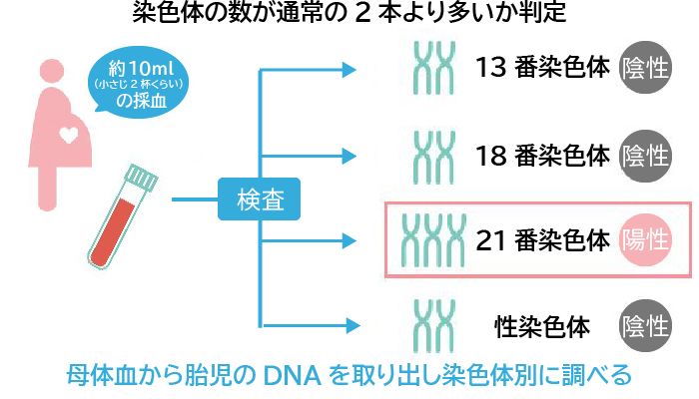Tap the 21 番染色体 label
coord(543,240)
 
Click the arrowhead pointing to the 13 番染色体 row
coord(348,70)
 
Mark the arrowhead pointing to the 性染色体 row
coord(348,324)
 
